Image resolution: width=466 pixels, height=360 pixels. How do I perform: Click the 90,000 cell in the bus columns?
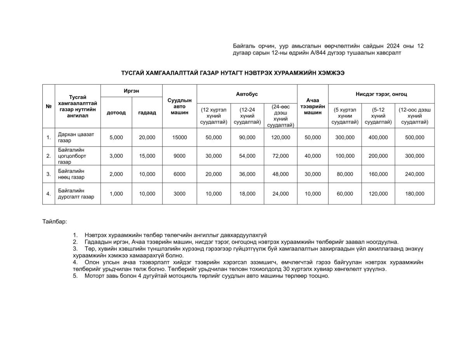point(247,137)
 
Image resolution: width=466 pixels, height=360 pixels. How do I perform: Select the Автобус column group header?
point(247,94)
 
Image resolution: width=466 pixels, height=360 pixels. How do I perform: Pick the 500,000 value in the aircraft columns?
point(414,137)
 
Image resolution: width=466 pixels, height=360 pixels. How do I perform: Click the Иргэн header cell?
point(131,90)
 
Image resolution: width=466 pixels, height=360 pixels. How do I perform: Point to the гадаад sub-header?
point(147,113)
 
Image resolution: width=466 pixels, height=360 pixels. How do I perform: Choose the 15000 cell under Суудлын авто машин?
point(179,137)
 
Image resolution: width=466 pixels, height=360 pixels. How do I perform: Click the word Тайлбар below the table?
point(54,222)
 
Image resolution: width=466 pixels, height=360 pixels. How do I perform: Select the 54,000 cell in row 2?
point(247,156)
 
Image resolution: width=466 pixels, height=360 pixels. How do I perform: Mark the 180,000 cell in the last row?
point(414,194)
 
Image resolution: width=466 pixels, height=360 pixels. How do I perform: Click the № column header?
point(49,106)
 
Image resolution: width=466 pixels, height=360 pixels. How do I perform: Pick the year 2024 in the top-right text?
point(393,46)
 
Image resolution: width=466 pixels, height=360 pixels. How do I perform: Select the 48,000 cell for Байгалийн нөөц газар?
point(280,174)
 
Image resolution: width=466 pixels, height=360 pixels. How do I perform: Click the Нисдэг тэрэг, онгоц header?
point(381,94)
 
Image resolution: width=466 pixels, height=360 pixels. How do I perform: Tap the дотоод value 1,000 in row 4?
point(116,194)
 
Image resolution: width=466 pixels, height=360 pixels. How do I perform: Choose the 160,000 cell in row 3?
point(378,174)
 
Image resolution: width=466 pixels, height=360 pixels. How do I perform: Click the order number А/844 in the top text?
point(331,53)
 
